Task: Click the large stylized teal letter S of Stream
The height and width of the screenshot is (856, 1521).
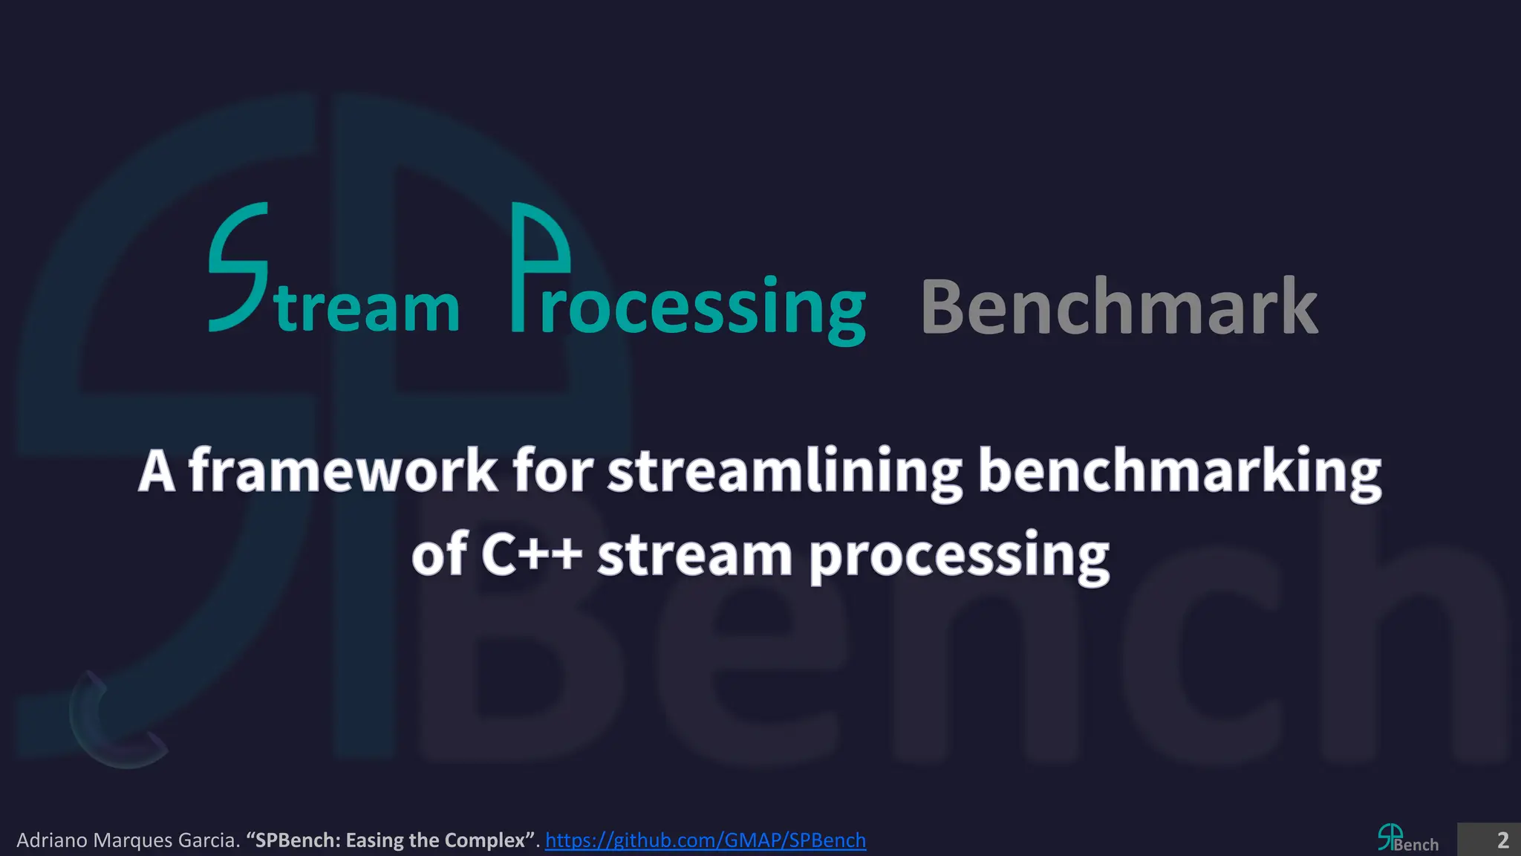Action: pyautogui.click(x=238, y=267)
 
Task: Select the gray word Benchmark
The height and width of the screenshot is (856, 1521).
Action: pyautogui.click(x=1118, y=308)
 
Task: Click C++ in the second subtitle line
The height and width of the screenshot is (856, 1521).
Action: pyautogui.click(x=531, y=554)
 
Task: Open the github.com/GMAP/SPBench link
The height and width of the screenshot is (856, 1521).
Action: pyautogui.click(x=706, y=840)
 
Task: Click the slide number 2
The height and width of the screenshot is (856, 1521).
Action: pyautogui.click(x=1502, y=840)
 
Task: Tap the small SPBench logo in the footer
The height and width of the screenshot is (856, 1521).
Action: pyautogui.click(x=1407, y=838)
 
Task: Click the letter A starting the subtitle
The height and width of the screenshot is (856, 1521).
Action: pyautogui.click(x=157, y=471)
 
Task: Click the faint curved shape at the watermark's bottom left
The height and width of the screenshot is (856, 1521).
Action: pyautogui.click(x=111, y=724)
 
